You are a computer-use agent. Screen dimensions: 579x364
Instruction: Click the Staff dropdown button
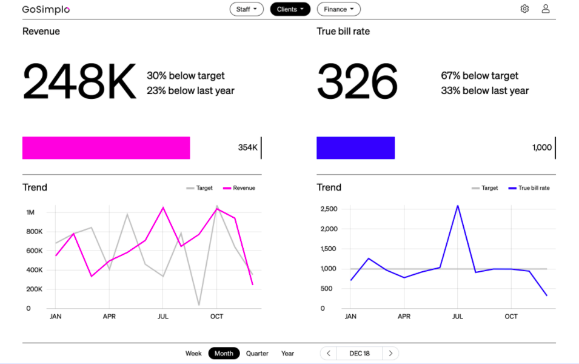pyautogui.click(x=246, y=9)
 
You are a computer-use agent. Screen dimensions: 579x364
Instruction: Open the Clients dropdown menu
pyautogui.click(x=290, y=9)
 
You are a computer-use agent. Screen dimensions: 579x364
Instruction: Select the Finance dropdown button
pyautogui.click(x=339, y=9)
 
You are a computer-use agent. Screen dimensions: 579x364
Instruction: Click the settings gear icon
pyautogui.click(x=524, y=9)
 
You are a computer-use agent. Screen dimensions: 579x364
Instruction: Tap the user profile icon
pyautogui.click(x=546, y=9)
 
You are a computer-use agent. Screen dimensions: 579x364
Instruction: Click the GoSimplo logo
pyautogui.click(x=46, y=10)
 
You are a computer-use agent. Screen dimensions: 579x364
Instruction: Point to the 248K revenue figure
pyautogui.click(x=79, y=81)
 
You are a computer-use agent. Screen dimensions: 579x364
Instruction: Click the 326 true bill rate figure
pyautogui.click(x=357, y=81)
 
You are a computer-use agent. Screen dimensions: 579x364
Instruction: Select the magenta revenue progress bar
pyautogui.click(x=106, y=148)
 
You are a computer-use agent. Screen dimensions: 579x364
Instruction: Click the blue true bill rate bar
pyautogui.click(x=356, y=148)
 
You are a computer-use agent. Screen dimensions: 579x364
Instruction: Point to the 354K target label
pyautogui.click(x=247, y=147)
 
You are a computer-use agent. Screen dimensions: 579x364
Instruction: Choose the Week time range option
pyautogui.click(x=193, y=353)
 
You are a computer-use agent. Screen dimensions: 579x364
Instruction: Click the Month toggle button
pyautogui.click(x=224, y=353)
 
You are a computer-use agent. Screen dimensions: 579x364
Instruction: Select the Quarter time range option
pyautogui.click(x=257, y=353)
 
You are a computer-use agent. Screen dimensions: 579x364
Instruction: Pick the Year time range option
pyautogui.click(x=287, y=353)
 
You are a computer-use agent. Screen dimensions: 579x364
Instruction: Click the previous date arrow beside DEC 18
pyautogui.click(x=329, y=353)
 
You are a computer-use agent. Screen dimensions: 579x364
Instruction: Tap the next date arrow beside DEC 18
pyautogui.click(x=390, y=353)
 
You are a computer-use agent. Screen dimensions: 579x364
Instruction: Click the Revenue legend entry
pyautogui.click(x=239, y=188)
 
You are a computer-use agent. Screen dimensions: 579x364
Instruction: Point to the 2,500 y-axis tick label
pyautogui.click(x=329, y=209)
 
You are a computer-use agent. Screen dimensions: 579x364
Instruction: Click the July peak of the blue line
pyautogui.click(x=458, y=206)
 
